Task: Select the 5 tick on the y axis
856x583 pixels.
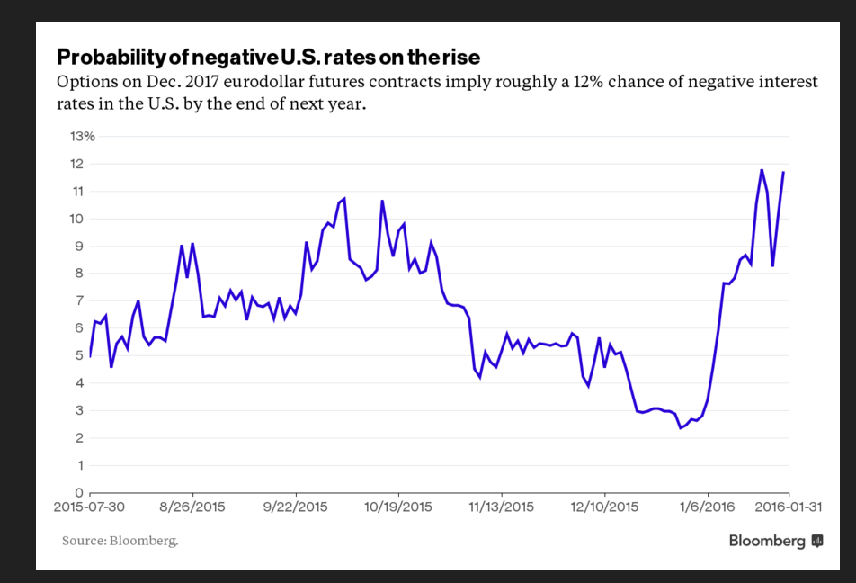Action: click(x=79, y=355)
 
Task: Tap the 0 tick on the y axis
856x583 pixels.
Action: click(x=79, y=493)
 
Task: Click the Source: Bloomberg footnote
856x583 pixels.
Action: click(x=120, y=541)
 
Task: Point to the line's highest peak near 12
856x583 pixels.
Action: click(x=762, y=169)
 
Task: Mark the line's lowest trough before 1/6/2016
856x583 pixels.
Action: click(x=681, y=427)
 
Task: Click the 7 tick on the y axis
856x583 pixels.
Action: click(x=79, y=300)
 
